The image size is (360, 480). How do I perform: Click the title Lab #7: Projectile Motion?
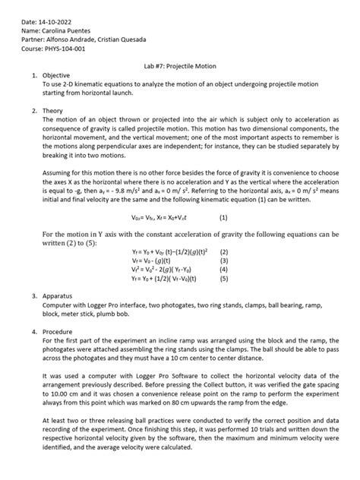pyautogui.click(x=179, y=66)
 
